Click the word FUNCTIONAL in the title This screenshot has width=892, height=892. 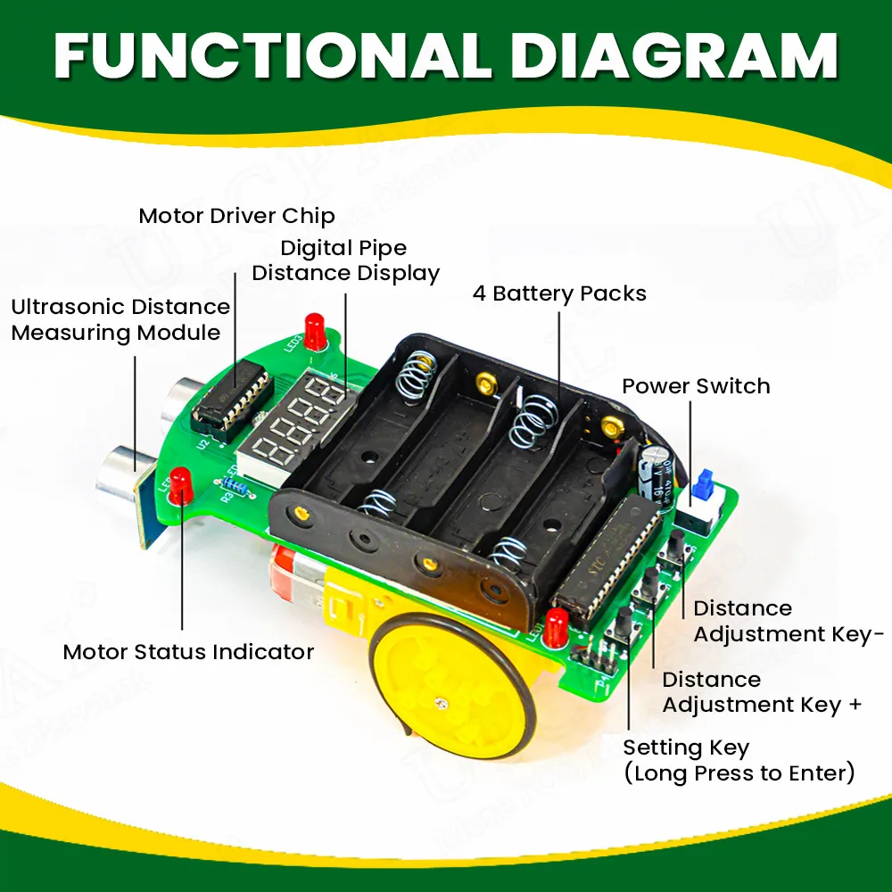tap(272, 55)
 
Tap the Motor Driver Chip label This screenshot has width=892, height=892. tap(236, 216)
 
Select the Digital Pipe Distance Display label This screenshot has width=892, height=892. tap(345, 260)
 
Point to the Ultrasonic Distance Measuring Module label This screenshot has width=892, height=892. tap(120, 319)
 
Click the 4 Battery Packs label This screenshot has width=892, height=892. tap(559, 293)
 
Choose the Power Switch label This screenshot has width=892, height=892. tap(696, 386)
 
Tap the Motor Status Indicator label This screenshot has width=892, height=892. tap(188, 652)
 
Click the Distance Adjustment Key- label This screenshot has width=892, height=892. tap(789, 621)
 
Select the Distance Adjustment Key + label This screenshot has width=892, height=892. tap(762, 692)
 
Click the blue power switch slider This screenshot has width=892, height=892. tap(702, 486)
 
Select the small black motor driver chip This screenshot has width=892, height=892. tap(232, 392)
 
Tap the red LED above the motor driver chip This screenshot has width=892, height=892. tap(314, 332)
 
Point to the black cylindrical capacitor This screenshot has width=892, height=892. tap(655, 470)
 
